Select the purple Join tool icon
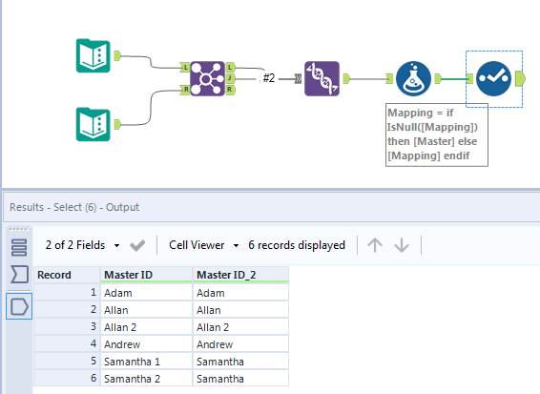coord(207,79)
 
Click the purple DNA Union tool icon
coord(322,79)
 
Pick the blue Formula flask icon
coord(412,79)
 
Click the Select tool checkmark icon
coord(493,79)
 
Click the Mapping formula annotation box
coord(436,135)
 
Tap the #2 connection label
coord(270,78)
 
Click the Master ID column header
coord(145,275)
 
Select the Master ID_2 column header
coord(239,275)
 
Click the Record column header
coord(67,275)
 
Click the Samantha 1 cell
coord(145,363)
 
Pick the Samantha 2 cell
coord(145,380)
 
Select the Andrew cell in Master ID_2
coord(239,344)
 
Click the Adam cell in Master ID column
coord(145,293)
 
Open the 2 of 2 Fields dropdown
coord(83,245)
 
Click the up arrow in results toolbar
coord(375,245)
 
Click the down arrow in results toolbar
coord(402,245)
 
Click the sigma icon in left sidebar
coord(19,276)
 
